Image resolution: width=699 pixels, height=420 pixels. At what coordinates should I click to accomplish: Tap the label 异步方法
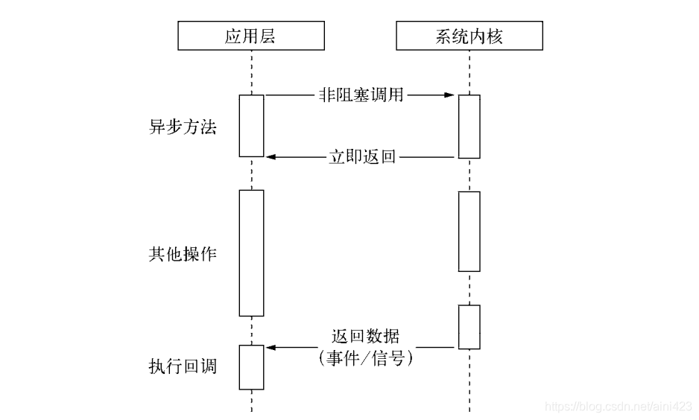coord(183,127)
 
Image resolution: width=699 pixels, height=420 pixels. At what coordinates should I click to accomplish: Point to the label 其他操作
coord(183,253)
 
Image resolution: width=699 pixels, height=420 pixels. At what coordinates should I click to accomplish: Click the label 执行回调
coord(183,366)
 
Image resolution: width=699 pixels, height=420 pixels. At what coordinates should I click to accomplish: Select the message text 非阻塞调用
coord(360,95)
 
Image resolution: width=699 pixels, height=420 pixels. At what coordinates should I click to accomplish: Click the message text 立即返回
coord(361,157)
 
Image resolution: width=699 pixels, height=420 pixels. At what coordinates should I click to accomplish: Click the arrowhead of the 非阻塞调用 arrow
coord(449,95)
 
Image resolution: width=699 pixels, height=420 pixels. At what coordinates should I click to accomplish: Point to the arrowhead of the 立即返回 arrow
coord(271,157)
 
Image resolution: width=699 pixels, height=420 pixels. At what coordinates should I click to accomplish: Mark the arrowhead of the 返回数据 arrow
coord(271,347)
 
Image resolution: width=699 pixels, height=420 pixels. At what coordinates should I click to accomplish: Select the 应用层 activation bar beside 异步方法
coord(251,126)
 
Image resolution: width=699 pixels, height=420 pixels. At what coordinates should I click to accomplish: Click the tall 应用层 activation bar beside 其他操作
coord(251,252)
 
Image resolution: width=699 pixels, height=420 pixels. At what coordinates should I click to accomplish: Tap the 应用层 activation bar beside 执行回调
coord(251,367)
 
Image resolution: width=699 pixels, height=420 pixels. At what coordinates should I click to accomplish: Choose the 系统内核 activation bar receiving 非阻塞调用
coord(469,127)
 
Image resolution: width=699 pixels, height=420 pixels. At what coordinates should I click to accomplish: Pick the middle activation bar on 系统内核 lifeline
coord(469,232)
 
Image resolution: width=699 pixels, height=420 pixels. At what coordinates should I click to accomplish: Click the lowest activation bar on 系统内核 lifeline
coord(469,327)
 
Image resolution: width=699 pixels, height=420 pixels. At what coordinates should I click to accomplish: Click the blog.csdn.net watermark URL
coord(619,407)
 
